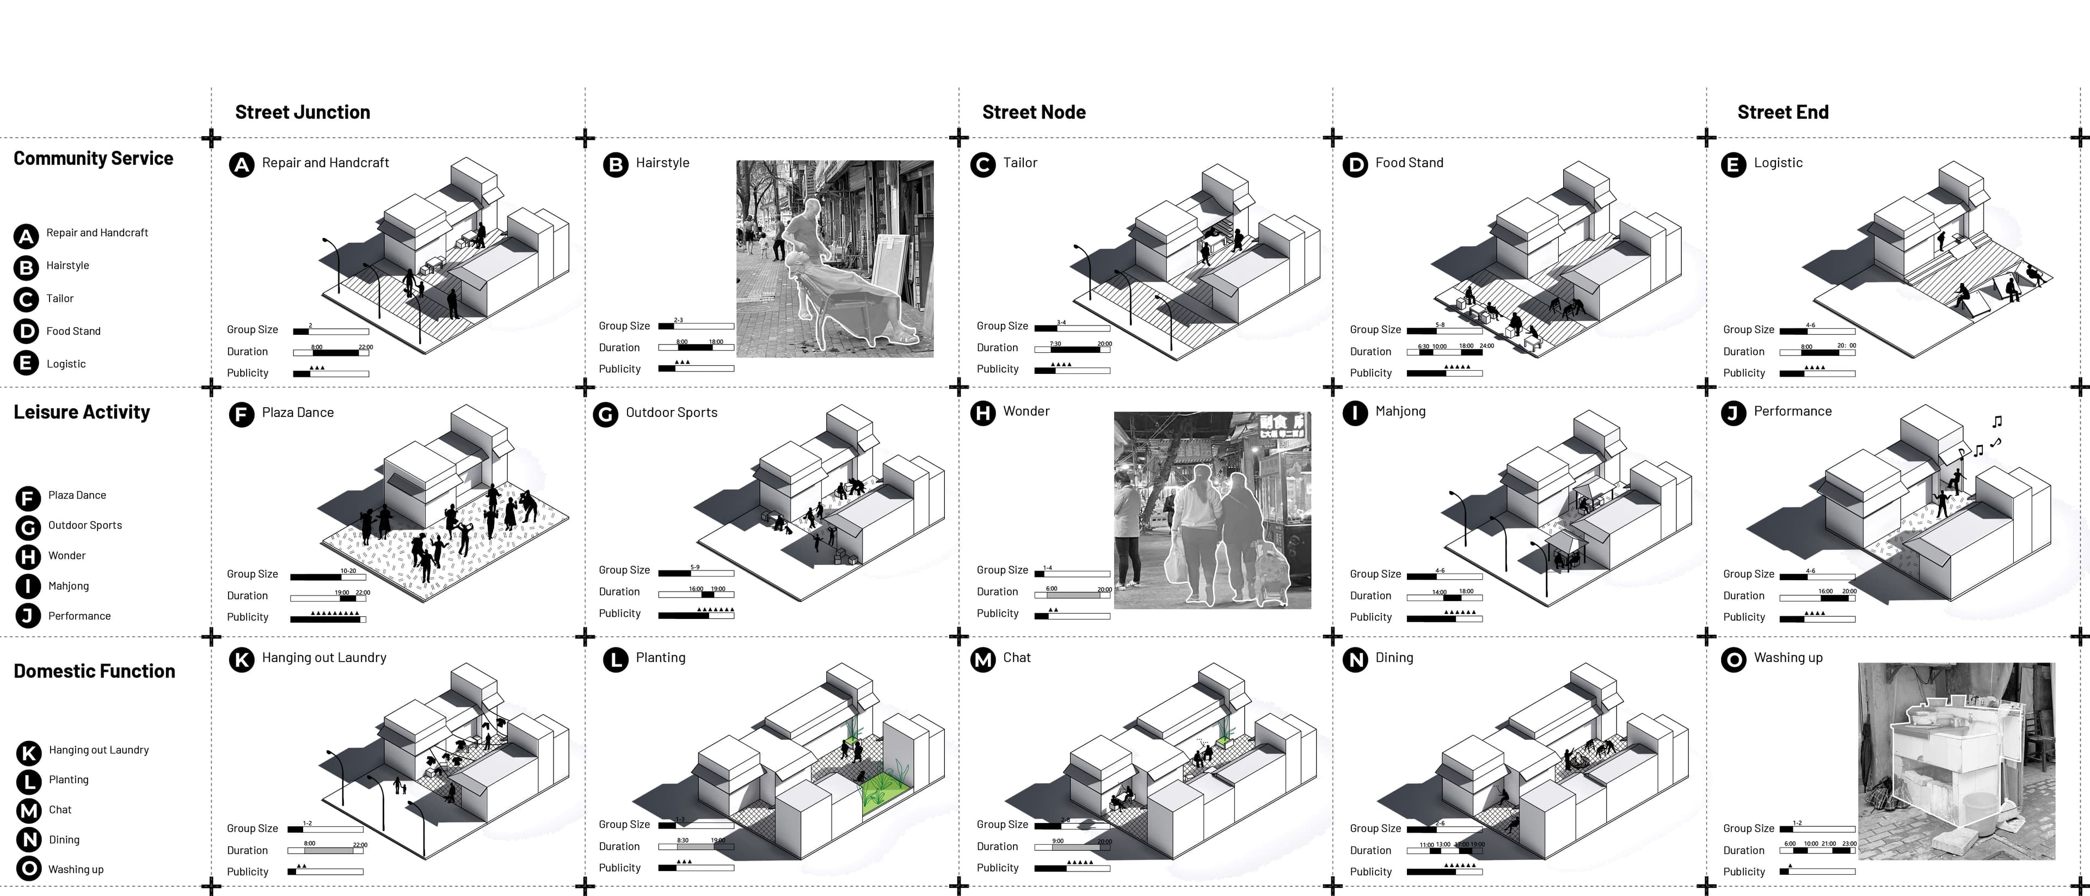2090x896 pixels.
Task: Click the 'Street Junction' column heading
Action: (x=303, y=112)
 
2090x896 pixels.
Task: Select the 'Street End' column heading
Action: (x=1782, y=112)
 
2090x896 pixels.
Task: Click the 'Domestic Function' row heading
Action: (x=94, y=671)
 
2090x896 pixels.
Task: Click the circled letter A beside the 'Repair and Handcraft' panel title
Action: (x=241, y=165)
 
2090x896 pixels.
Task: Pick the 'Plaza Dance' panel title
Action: (x=297, y=412)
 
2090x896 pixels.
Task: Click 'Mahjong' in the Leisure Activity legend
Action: (x=68, y=586)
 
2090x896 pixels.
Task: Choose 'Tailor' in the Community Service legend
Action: (x=59, y=299)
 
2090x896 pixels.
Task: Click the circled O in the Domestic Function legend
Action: (x=28, y=869)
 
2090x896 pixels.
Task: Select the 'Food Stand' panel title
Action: (x=1409, y=162)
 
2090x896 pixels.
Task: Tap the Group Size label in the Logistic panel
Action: (x=1748, y=329)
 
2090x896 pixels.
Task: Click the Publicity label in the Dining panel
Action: (x=1370, y=872)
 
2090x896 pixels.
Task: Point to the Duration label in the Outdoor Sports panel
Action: (x=619, y=592)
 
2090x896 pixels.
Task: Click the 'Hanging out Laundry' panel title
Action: (x=324, y=658)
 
